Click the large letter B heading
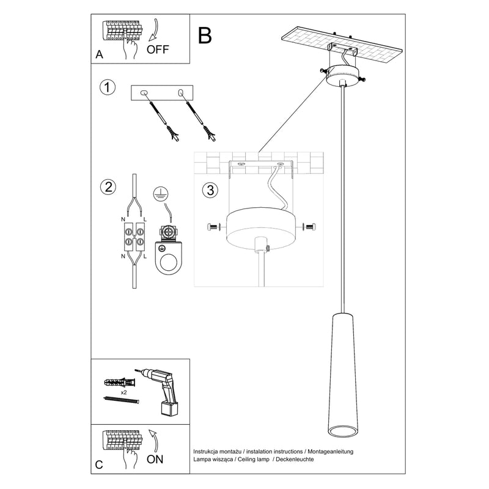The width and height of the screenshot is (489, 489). click(205, 35)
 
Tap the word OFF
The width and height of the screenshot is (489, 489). click(158, 50)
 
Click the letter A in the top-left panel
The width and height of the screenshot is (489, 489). click(99, 55)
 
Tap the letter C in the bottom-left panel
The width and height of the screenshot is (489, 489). click(99, 465)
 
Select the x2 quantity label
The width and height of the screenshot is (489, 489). click(123, 391)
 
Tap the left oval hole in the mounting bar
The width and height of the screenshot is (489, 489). click(145, 93)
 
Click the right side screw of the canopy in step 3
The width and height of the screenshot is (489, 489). click(309, 227)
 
